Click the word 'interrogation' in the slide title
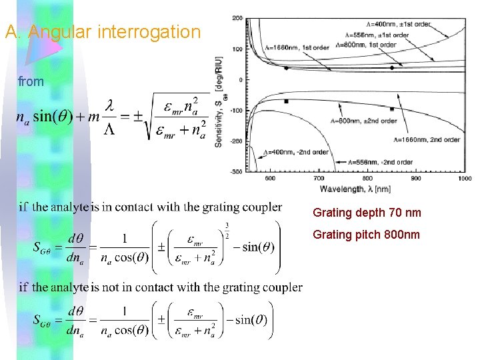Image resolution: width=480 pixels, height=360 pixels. pos(158,31)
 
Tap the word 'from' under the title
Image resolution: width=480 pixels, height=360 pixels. pos(31,82)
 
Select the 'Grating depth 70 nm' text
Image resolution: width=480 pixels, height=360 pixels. pos(367,213)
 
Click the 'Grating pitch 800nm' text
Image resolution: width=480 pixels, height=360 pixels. pos(367,235)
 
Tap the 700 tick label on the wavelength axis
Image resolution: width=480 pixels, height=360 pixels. pos(319,179)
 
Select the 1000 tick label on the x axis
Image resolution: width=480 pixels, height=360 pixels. pos(465,179)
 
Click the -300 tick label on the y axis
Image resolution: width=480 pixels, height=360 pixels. pos(237,172)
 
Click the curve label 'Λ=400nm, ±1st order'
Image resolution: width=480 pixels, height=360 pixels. pos(398,24)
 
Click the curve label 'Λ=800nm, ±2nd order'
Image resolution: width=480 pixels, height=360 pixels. pos(363,121)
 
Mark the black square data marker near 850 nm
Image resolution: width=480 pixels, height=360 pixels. pos(392,109)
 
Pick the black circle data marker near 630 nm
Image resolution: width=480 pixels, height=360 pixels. pos(286,68)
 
